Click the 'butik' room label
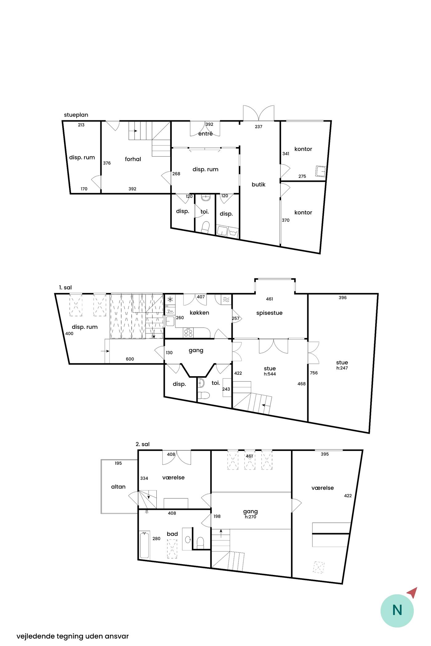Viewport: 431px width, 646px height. tap(258, 185)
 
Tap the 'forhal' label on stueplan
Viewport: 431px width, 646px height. tap(133, 159)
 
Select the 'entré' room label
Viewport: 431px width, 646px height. tap(205, 134)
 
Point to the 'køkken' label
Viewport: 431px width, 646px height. tap(199, 313)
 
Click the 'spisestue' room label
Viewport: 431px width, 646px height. tap(269, 313)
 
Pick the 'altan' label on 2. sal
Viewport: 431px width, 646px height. tap(119, 487)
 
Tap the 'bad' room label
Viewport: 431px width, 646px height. tap(172, 534)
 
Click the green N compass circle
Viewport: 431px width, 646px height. tap(397, 610)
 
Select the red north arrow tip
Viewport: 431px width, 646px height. tap(417, 588)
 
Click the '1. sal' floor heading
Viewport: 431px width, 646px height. tap(65, 288)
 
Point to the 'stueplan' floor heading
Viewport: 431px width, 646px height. tap(76, 115)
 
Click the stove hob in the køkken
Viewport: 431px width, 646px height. tap(188, 332)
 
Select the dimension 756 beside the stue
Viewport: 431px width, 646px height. tap(314, 373)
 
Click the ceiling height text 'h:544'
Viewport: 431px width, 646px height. tap(270, 374)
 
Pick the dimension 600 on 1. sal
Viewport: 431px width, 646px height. tap(130, 359)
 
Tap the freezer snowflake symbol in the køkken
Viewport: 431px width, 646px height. tap(170, 299)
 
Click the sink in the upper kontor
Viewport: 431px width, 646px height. tap(320, 171)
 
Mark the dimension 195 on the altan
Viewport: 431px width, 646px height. tap(118, 463)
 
